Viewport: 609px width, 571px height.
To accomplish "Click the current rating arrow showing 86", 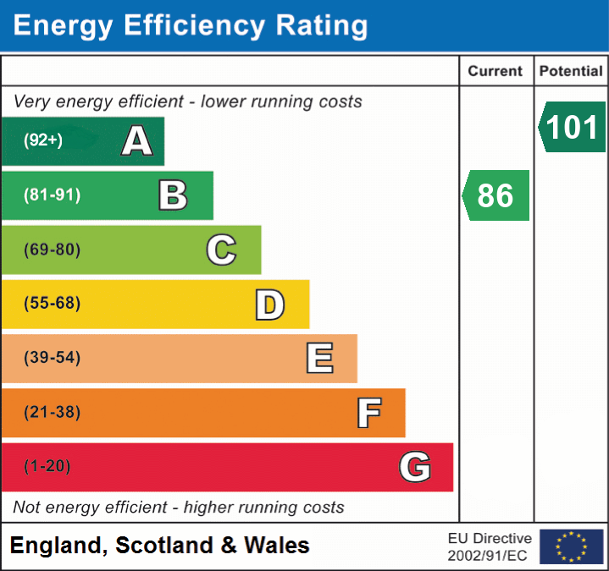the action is point(496,195).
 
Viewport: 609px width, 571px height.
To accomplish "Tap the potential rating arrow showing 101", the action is point(572,127).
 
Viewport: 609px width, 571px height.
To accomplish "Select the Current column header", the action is point(496,71).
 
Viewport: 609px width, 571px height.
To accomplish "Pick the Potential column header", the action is point(571,71).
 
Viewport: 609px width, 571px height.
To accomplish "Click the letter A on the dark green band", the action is point(137,140).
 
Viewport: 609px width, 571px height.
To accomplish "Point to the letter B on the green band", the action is point(174,195).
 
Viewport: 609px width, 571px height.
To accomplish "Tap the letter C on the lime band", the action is point(221,250).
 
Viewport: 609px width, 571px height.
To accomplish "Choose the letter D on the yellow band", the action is point(270,305).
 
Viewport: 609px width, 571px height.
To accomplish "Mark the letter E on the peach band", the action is point(319,358).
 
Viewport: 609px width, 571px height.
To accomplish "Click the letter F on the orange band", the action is point(369,413).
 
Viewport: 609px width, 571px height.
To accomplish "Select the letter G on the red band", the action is point(415,466).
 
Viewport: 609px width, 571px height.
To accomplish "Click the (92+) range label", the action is point(43,140).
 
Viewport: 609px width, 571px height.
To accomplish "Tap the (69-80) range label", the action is point(53,250).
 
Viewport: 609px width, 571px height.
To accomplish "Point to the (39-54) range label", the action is point(53,357).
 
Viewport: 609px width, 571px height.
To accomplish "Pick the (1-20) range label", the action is point(47,466).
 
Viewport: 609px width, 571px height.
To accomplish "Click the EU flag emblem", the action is point(572,546).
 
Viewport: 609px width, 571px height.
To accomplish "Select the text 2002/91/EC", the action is point(487,556).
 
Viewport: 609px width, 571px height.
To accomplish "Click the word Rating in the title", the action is point(322,26).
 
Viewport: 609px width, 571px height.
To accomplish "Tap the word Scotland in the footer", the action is point(164,545).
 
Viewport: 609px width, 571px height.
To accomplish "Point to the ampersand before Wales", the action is point(229,545).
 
